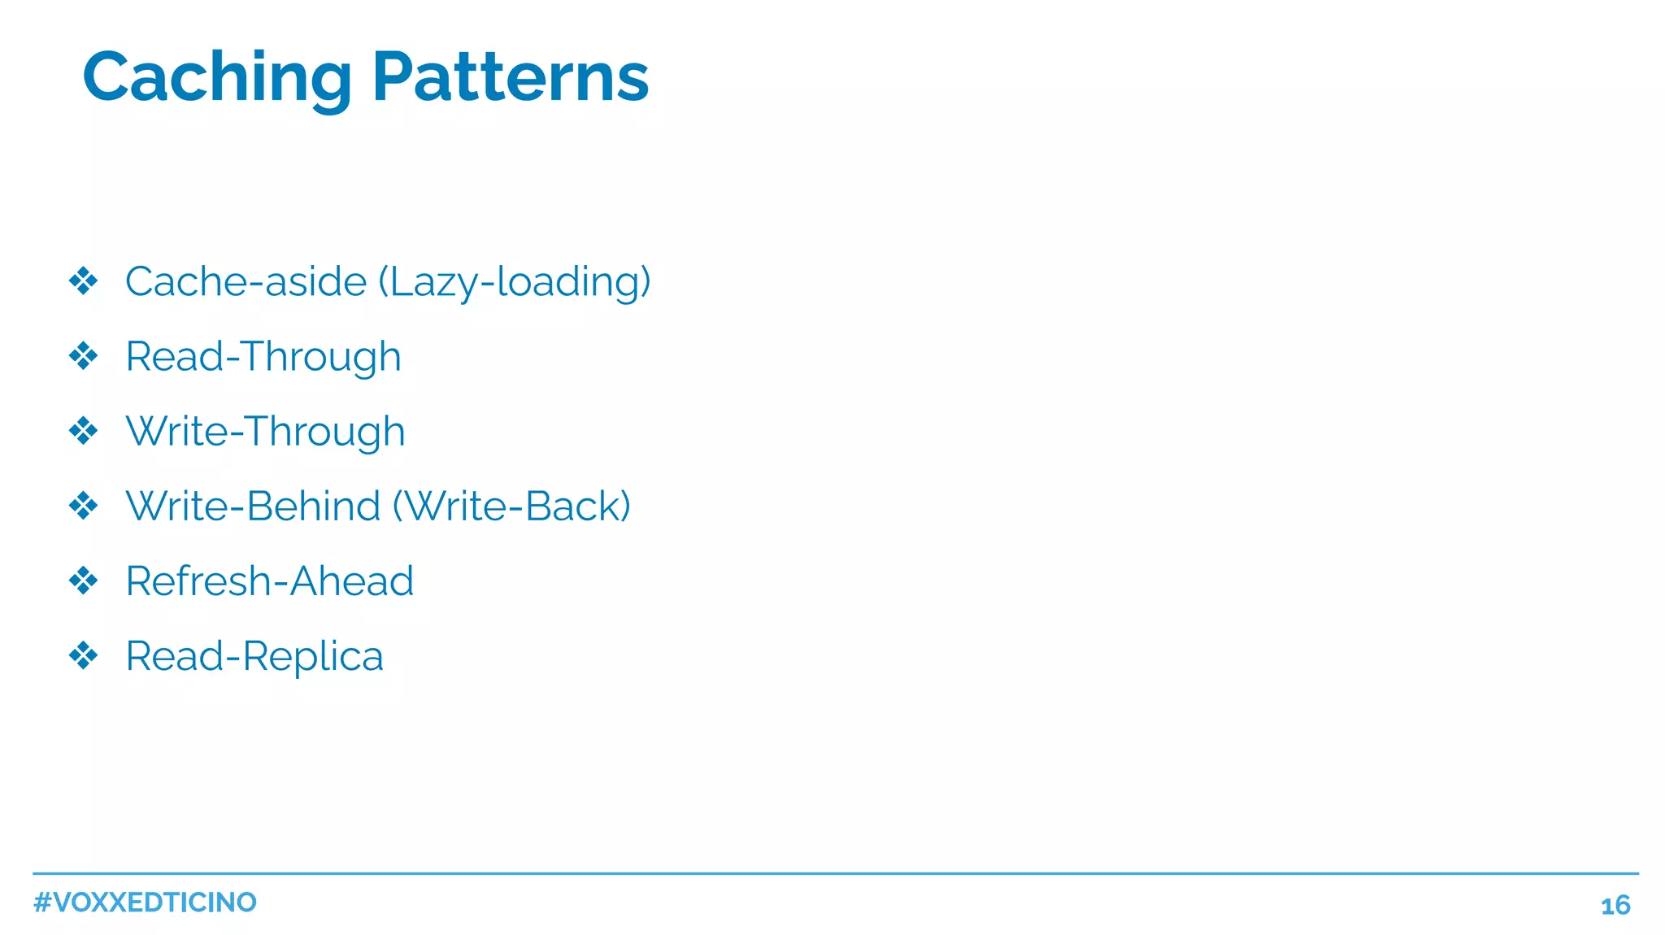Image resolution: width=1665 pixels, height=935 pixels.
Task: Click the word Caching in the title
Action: coord(217,78)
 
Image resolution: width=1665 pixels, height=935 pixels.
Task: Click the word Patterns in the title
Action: coord(511,78)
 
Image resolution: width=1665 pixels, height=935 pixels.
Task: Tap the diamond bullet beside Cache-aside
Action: coord(83,281)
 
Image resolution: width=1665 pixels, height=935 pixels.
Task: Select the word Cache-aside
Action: coord(246,281)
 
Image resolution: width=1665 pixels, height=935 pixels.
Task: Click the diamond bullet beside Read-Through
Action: coord(83,356)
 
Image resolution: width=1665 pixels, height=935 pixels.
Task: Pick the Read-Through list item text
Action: coord(263,357)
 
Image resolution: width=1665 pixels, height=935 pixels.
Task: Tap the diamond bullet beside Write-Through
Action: coord(83,431)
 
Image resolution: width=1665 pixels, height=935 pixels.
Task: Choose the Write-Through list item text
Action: coord(265,432)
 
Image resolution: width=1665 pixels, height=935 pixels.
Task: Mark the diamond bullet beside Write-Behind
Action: coord(83,506)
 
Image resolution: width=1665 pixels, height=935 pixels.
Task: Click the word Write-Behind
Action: coord(253,507)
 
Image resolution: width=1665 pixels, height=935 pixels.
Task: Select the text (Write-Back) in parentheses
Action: coord(511,507)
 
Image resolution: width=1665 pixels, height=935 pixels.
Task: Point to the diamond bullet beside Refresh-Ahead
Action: coord(83,581)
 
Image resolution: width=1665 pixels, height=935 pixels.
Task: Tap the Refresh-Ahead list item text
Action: coord(269,581)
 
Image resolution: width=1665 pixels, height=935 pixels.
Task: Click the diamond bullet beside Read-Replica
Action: coord(83,655)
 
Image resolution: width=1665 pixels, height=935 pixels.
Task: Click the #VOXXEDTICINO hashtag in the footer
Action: coord(145,902)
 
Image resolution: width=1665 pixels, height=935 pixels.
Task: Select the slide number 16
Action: coord(1615,906)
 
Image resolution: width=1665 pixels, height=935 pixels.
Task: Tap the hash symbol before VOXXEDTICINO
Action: coord(42,902)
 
